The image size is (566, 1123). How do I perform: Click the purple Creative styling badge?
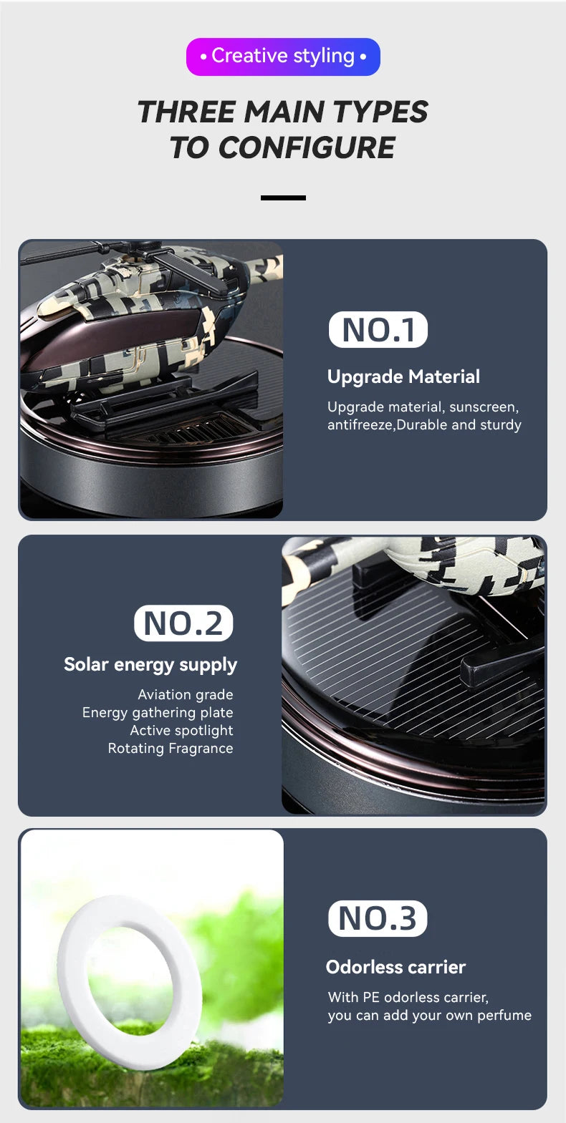(x=283, y=57)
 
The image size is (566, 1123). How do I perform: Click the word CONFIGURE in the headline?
(x=307, y=148)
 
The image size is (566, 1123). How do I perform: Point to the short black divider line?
(x=283, y=198)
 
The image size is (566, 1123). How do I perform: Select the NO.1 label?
(x=378, y=330)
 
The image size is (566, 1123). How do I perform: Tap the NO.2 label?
(x=183, y=623)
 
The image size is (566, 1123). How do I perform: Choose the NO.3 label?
(x=378, y=918)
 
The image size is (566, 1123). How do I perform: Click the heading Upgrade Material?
(x=403, y=377)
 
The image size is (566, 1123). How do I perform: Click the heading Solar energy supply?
(x=150, y=665)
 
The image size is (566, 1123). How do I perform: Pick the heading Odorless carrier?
(x=396, y=967)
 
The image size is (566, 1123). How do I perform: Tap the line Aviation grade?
(x=186, y=695)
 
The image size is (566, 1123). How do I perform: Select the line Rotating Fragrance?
(x=171, y=749)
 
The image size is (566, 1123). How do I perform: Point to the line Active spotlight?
(x=182, y=731)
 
